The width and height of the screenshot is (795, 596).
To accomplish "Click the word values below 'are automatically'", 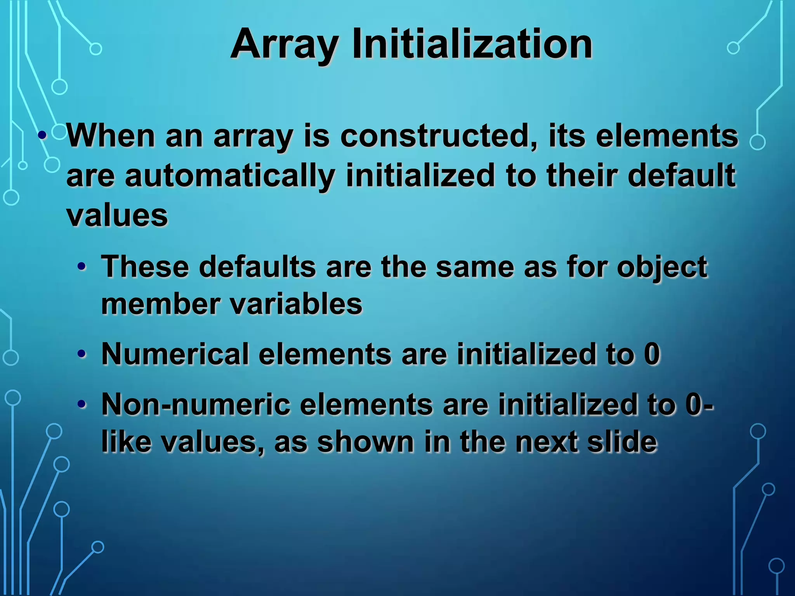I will click(117, 215).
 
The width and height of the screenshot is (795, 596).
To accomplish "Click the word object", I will click(662, 268).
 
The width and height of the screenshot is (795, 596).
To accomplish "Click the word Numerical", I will click(175, 354).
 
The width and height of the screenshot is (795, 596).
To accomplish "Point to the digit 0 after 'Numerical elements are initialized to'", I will click(652, 354).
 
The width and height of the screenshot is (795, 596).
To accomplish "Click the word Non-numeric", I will click(196, 404).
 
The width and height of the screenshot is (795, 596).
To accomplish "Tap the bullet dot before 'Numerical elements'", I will click(82, 354).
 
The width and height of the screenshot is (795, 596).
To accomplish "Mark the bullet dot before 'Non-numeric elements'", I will click(82, 404).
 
